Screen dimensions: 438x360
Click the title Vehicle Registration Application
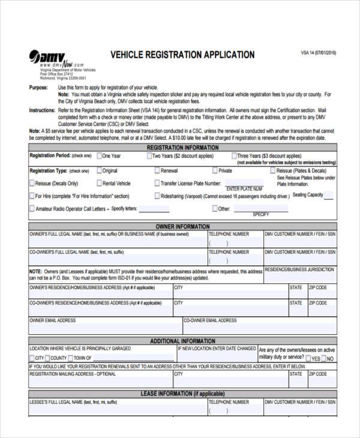point(182,55)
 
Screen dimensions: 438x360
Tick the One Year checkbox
point(99,156)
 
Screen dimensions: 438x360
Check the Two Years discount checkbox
point(149,156)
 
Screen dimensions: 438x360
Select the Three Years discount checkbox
point(234,156)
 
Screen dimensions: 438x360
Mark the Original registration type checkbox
point(99,171)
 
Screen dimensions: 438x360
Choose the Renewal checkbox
point(157,171)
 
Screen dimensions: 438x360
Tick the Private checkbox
point(214,171)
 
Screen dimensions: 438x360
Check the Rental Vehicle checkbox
point(99,184)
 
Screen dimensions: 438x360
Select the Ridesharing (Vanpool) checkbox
point(157,196)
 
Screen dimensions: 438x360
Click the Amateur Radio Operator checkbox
point(32,209)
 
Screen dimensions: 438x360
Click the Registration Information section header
point(182,146)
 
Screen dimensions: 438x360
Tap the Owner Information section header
point(182,227)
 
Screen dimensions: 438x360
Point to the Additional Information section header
point(182,340)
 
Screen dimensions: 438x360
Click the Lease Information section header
point(182,394)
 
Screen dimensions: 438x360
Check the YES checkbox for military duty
point(307,359)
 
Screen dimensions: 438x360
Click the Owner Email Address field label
point(53,321)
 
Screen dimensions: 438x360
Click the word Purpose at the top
point(39,88)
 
